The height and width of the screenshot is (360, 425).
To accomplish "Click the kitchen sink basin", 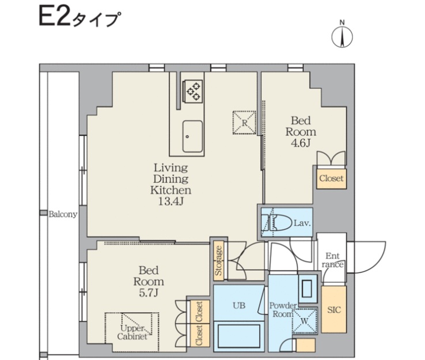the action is [192, 137].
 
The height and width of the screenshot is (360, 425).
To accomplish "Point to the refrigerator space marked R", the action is [244, 122].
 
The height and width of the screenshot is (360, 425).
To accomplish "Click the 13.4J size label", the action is [171, 202].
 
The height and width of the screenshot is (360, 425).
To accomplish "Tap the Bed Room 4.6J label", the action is [301, 131].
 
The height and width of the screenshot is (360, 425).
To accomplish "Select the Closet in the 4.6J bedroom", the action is [331, 179].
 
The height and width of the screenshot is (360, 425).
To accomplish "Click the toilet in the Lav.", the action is [279, 223].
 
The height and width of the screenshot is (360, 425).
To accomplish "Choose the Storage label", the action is [218, 260].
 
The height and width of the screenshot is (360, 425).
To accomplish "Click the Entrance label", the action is [333, 260].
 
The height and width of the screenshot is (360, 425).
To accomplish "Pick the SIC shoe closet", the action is [334, 309].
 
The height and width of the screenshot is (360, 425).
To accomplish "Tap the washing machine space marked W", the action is [305, 321].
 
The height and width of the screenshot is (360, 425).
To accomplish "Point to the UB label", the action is [239, 305].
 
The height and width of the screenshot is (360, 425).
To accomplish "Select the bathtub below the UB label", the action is [239, 336].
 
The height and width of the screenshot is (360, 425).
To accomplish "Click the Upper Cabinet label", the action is [132, 332].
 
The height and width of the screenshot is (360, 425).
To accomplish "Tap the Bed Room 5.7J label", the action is [149, 282].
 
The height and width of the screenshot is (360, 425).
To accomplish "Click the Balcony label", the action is [63, 214].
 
